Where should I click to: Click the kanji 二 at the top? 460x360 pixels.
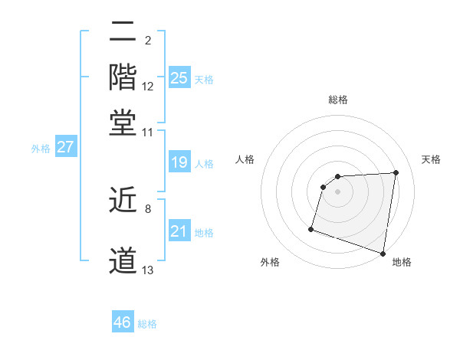point(123,33)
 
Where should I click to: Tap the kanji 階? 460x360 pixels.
point(123,77)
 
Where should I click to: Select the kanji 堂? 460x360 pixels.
point(123,123)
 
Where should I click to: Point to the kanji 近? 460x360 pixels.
point(123,201)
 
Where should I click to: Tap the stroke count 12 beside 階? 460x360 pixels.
point(148,87)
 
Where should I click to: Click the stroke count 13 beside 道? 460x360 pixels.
point(148,270)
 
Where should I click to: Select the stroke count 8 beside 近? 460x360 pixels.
point(148,208)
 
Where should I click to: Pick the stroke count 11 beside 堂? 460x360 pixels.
point(148,132)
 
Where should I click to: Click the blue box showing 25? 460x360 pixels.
point(179,77)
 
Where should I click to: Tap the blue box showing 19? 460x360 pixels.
point(179,162)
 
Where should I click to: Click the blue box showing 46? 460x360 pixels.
point(123,322)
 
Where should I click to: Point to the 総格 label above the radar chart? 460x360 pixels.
point(338,100)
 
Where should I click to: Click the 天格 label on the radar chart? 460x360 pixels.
point(431,159)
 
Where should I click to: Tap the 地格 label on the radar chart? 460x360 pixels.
point(402,262)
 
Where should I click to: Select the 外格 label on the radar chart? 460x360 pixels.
point(270,262)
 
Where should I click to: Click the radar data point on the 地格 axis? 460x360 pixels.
point(383,253)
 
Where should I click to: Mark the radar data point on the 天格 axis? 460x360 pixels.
point(396,172)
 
